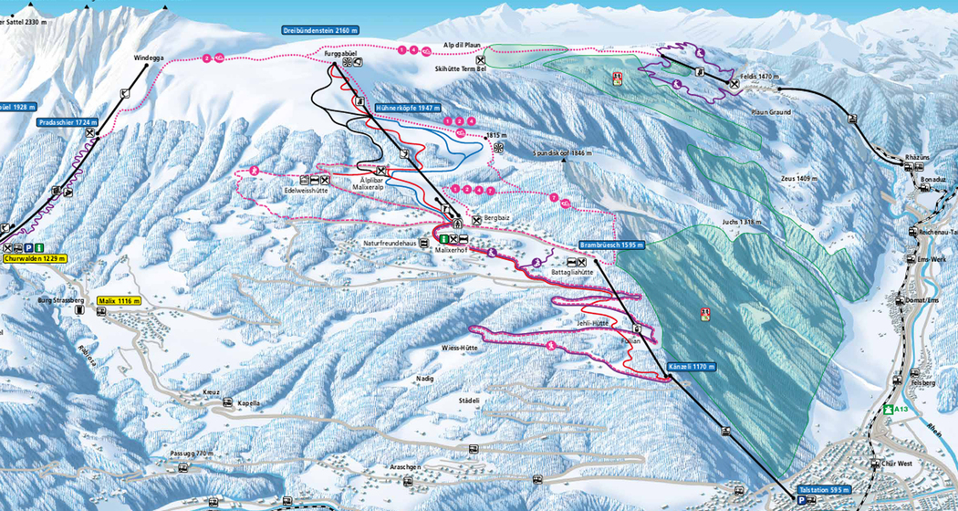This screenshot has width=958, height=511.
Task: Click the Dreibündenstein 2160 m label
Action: tap(320, 31)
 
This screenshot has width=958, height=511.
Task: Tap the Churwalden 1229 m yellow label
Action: tap(36, 259)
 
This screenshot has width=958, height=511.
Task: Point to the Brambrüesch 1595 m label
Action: tap(611, 245)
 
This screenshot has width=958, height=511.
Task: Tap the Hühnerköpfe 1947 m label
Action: tap(406, 108)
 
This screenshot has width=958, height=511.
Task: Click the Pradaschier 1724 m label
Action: tap(68, 121)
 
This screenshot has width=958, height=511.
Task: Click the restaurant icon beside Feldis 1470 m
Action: tap(734, 83)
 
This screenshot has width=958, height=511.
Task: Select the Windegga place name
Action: tap(149, 57)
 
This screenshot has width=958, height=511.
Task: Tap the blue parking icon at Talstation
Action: tap(802, 501)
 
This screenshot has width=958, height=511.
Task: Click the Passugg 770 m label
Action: tap(192, 454)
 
